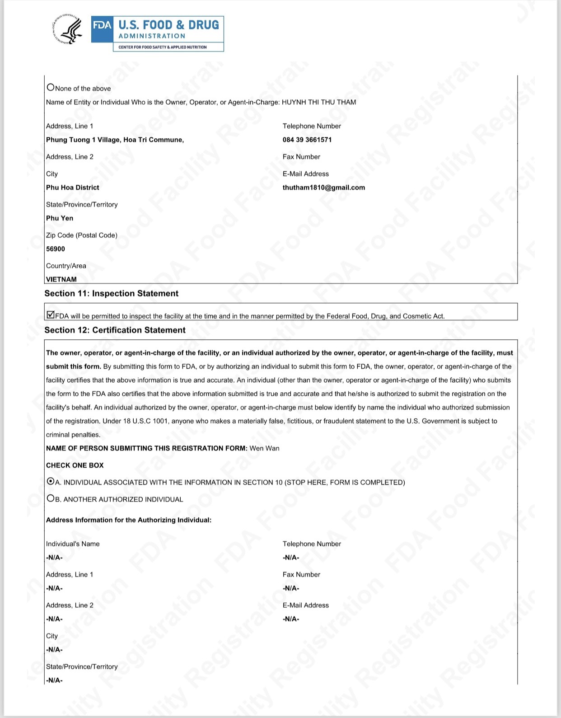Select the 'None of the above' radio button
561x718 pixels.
point(51,87)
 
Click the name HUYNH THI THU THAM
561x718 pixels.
point(319,102)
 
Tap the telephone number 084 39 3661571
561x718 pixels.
point(307,140)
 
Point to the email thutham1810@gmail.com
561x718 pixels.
point(324,188)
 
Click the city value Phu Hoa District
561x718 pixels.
point(73,188)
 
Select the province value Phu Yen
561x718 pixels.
point(60,218)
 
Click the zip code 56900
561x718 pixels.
point(56,249)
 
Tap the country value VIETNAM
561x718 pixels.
point(61,279)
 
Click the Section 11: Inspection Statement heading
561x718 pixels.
point(111,294)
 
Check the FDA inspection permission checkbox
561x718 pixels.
point(51,315)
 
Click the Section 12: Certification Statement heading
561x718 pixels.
point(115,330)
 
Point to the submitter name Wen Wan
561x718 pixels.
point(265,448)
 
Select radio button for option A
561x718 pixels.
point(51,482)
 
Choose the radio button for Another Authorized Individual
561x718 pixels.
point(51,498)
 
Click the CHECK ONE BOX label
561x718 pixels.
point(75,465)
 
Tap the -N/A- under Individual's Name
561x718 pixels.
point(54,558)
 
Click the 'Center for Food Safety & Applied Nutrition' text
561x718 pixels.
point(163,47)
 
